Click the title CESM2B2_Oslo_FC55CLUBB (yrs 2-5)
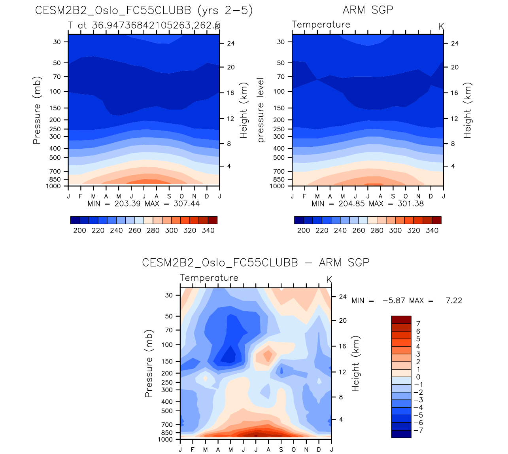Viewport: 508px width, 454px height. [x=144, y=10]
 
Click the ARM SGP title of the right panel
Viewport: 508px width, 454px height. [x=368, y=10]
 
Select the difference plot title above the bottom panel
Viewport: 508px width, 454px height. [x=255, y=263]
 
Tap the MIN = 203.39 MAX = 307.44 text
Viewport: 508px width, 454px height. [x=144, y=204]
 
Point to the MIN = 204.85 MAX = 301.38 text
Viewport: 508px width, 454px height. [x=368, y=204]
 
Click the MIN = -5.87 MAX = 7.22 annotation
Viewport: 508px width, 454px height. [x=406, y=301]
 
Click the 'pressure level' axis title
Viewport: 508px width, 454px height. [x=261, y=110]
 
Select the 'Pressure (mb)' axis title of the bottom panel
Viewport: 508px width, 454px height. [x=149, y=363]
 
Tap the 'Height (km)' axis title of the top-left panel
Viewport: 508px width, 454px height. [x=244, y=110]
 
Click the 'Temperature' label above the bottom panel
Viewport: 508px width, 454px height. [x=209, y=278]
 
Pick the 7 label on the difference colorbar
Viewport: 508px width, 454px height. [x=418, y=324]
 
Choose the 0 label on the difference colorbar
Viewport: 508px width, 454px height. [x=418, y=377]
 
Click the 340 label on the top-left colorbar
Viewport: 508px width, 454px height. [x=208, y=231]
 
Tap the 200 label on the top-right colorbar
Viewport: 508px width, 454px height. [x=304, y=231]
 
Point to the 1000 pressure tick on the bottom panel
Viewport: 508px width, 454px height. [x=165, y=439]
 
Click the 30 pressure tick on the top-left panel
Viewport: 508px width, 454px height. [x=57, y=42]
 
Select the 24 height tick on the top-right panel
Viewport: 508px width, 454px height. [x=455, y=44]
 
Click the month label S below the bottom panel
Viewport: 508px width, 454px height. [x=281, y=450]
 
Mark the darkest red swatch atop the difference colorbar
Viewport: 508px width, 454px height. [x=401, y=320]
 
